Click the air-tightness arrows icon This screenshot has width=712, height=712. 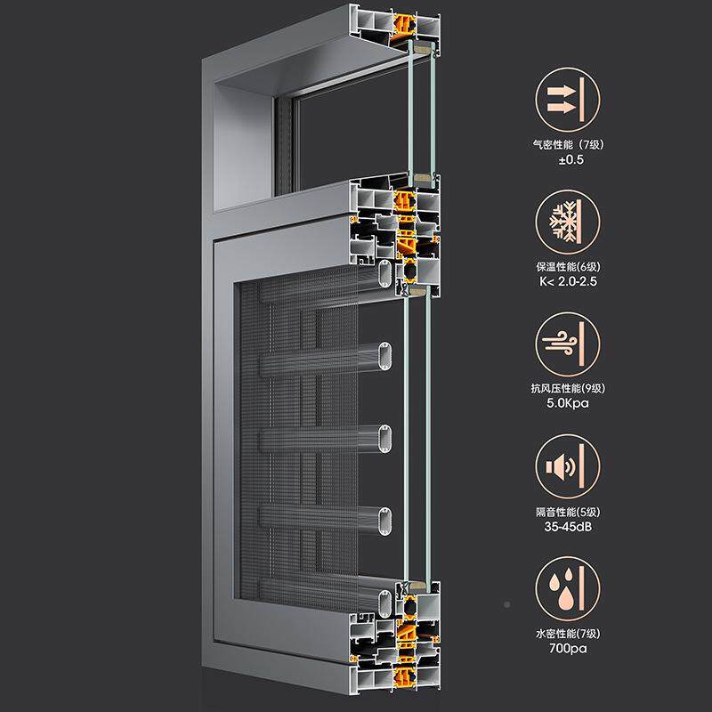click(x=567, y=100)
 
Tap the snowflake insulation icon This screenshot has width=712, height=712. click(x=567, y=222)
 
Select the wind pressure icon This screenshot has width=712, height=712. click(x=567, y=344)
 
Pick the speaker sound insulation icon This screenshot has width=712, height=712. click(x=567, y=466)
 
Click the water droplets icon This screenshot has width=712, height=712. click(x=567, y=589)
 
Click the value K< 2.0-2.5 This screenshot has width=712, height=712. click(x=568, y=281)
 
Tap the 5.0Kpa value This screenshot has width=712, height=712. click(x=568, y=403)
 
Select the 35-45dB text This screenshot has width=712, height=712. click(x=568, y=527)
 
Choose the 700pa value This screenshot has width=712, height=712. click(x=568, y=649)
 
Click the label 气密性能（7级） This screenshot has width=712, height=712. click(x=569, y=145)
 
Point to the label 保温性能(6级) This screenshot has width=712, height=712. click(x=568, y=266)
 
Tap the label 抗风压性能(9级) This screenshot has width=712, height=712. click(x=568, y=388)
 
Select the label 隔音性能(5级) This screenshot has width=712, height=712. click(x=568, y=513)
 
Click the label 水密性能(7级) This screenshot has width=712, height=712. click(x=568, y=634)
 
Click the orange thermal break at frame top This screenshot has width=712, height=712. click(x=404, y=28)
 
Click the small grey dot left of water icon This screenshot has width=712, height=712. click(x=507, y=604)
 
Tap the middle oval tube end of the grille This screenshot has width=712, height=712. click(x=385, y=438)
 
